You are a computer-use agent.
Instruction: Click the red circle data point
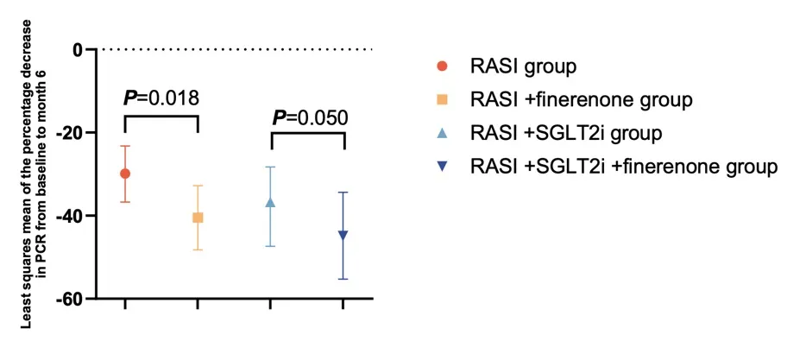pyautogui.click(x=125, y=174)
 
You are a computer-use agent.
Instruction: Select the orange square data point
pyautogui.click(x=198, y=218)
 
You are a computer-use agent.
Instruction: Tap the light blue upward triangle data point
pyautogui.click(x=270, y=202)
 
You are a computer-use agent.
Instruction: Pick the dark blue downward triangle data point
pyautogui.click(x=343, y=235)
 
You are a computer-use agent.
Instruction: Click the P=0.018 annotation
pyautogui.click(x=161, y=98)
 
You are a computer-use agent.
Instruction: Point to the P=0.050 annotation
pyautogui.click(x=311, y=117)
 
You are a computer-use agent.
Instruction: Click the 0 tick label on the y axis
pyautogui.click(x=78, y=50)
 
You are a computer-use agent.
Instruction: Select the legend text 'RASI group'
pyautogui.click(x=523, y=66)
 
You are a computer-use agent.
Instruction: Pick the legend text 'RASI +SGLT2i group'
pyautogui.click(x=565, y=133)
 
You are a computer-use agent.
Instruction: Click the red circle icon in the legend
pyautogui.click(x=442, y=66)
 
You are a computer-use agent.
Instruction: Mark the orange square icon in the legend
pyautogui.click(x=442, y=99)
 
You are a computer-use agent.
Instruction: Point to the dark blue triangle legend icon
pyautogui.click(x=442, y=167)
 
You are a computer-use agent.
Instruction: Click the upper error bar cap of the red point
pyautogui.click(x=125, y=146)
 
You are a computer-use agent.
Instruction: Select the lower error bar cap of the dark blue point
pyautogui.click(x=343, y=279)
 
